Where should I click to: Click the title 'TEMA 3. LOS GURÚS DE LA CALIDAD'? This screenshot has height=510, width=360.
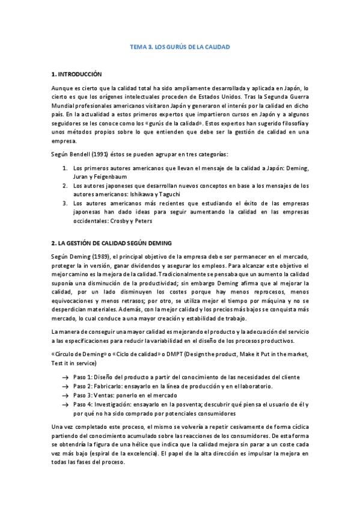coord(180,46)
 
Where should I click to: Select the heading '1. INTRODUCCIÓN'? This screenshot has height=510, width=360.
coord(77,75)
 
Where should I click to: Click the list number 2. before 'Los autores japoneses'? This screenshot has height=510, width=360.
coord(66,186)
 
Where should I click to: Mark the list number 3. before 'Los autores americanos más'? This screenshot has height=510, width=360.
coord(66,203)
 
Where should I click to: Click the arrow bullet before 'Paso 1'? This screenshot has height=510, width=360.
coord(64,377)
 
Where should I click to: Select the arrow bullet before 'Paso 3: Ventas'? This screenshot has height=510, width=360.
coord(64,395)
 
